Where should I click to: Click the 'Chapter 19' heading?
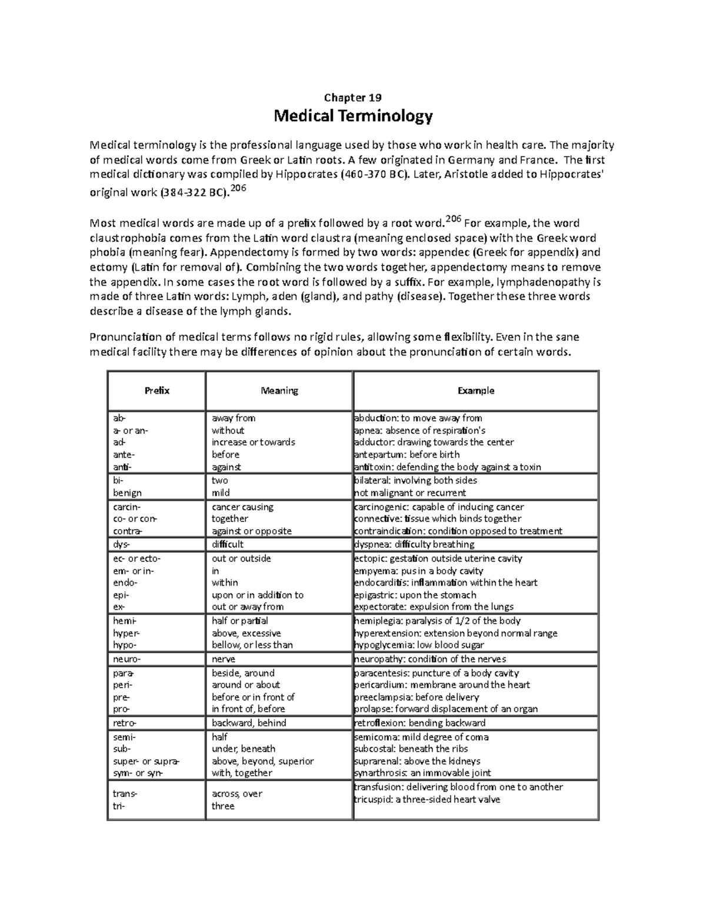[x=353, y=98]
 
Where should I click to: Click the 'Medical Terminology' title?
[x=353, y=116]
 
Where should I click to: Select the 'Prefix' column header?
[x=156, y=391]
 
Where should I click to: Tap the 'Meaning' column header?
[x=279, y=391]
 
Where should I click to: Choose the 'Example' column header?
[x=476, y=391]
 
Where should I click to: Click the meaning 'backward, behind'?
[x=249, y=723]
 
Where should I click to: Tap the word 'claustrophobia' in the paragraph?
[x=127, y=238]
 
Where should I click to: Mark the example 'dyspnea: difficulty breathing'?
[x=414, y=544]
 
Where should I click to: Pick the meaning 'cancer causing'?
[x=242, y=507]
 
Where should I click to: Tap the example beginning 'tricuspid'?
[x=427, y=799]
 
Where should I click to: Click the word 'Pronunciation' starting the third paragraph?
[x=125, y=337]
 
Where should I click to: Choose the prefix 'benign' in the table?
[x=127, y=493]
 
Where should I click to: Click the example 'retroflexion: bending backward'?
[x=419, y=723]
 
